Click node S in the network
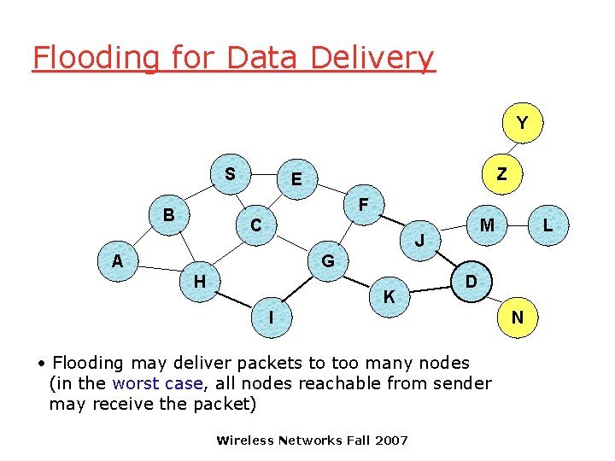(230, 174)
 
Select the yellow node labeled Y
(521, 124)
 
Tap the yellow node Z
(501, 174)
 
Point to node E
(296, 179)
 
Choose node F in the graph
(363, 206)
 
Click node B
(169, 215)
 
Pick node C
(255, 226)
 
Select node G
(327, 260)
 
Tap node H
(199, 281)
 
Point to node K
(389, 297)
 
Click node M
(487, 225)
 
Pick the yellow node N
(517, 318)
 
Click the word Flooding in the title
(96, 58)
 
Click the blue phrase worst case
(158, 383)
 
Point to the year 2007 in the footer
(391, 441)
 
